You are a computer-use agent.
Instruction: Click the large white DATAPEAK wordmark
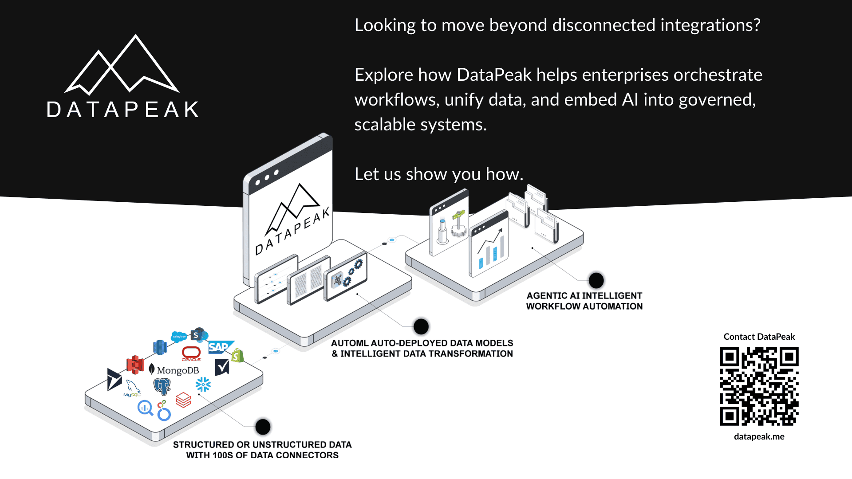pos(123,110)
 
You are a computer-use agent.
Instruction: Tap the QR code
pos(759,386)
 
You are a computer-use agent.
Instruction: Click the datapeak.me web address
pos(759,436)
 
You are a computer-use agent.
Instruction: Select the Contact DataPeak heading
pos(759,337)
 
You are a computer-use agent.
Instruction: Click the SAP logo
pos(219,347)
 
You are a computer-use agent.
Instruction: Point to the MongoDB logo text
pos(177,370)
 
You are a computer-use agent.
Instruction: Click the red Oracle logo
pos(191,353)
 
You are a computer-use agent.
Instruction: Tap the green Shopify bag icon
pos(237,356)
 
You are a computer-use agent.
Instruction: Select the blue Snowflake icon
pos(203,385)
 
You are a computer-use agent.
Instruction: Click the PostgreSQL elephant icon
pos(162,386)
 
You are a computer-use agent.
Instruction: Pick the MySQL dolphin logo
pos(132,388)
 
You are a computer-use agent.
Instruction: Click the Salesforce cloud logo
pos(179,337)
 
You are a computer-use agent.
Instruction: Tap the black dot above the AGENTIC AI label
pos(596,280)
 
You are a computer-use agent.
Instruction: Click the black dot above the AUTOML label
pos(421,326)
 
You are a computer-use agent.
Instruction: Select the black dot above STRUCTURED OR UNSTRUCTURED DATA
pos(263,427)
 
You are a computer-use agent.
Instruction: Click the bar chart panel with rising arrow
pos(489,247)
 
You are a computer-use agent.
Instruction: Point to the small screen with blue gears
pos(346,276)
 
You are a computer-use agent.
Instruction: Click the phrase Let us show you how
pos(438,174)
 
